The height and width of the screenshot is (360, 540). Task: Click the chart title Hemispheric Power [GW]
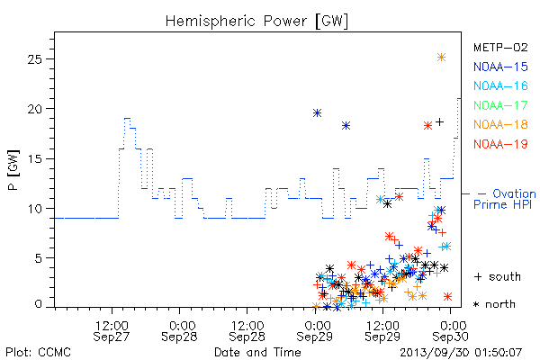tap(256, 22)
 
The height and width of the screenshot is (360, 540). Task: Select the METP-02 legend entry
tap(500, 47)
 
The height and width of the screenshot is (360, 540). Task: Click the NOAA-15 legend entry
tap(500, 67)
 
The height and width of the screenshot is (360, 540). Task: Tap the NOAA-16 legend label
tap(500, 85)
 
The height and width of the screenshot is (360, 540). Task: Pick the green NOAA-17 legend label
tap(500, 105)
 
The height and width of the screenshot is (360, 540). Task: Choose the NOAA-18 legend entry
tap(500, 124)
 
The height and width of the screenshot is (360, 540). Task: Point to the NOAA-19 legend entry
tap(500, 144)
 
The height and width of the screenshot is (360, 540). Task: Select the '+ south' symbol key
tap(498, 276)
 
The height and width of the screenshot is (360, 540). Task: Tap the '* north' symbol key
tap(494, 304)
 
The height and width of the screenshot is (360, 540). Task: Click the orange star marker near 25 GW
tap(441, 58)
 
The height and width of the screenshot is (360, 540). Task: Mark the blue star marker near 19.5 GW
tap(317, 113)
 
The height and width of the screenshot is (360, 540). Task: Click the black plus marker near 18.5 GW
tap(439, 122)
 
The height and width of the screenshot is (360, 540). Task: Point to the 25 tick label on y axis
tap(34, 59)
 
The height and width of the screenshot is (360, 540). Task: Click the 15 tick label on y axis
tap(34, 158)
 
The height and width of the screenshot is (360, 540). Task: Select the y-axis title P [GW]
tap(13, 170)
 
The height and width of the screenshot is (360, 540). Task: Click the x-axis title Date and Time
tap(257, 352)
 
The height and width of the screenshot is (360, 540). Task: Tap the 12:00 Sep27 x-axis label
tap(112, 331)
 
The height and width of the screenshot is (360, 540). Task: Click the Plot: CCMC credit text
tap(38, 352)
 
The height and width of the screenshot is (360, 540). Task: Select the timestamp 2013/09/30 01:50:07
tap(461, 353)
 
